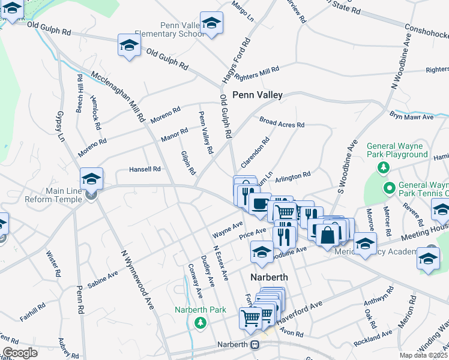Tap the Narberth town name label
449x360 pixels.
(269, 277)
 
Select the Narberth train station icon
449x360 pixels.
(255, 345)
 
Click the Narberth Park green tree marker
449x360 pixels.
(200, 323)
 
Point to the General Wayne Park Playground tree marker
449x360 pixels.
(381, 166)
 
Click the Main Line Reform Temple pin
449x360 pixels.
(91, 194)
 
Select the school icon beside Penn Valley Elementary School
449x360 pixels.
(210, 23)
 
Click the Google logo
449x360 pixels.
(20, 353)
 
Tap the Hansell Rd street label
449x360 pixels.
(145, 170)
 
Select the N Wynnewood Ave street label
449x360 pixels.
(137, 279)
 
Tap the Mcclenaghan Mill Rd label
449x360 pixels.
(118, 97)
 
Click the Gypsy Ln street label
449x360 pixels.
(59, 125)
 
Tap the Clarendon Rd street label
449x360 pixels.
(255, 153)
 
